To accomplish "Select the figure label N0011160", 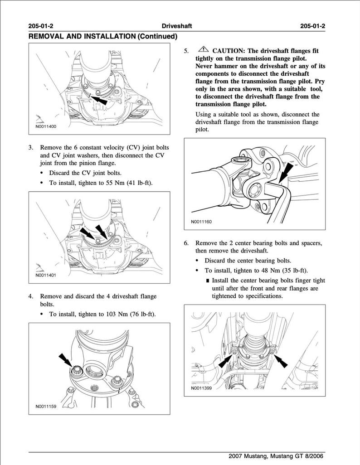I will pos(201,222).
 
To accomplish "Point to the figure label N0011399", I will pos(201,388).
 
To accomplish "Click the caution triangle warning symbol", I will pos(203,50).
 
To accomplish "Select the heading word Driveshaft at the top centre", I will pos(177,26).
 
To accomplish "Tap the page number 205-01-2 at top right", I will pos(313,26).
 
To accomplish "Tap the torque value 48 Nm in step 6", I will pos(263,271).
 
